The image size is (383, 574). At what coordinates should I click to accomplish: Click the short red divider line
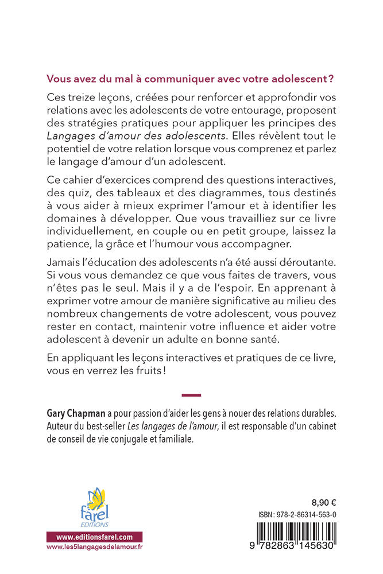click(191, 395)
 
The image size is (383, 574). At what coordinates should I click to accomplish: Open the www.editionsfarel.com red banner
click(94, 537)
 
